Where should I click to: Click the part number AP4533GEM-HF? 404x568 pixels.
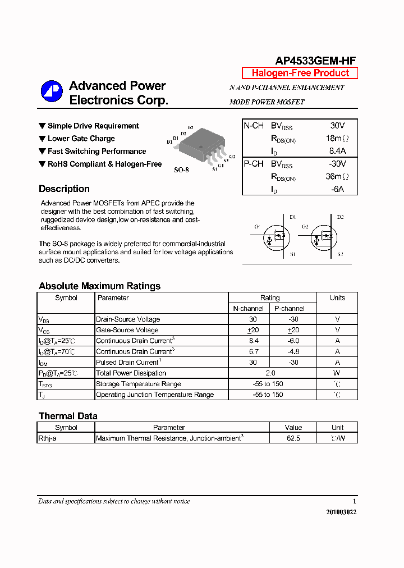tap(315, 61)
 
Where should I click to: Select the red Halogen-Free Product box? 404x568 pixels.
tap(300, 73)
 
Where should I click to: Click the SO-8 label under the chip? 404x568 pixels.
tap(181, 170)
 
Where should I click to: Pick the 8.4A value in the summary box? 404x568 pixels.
tap(337, 151)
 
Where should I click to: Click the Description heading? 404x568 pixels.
tap(64, 189)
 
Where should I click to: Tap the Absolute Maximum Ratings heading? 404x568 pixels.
tap(99, 286)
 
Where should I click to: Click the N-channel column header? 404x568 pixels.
tap(249, 309)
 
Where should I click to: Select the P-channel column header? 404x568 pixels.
tap(290, 309)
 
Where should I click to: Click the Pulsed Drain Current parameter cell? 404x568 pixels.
tap(128, 363)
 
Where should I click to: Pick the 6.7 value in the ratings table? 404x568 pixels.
tap(254, 352)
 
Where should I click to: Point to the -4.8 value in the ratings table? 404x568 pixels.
tap(293, 352)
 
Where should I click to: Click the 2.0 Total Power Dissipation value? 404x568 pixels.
tap(270, 373)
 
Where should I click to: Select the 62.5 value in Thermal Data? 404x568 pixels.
tap(293, 438)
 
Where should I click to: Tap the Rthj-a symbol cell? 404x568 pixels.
tap(48, 438)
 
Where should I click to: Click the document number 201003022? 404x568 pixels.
tap(341, 512)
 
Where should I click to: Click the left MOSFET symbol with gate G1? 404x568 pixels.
tap(275, 236)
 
